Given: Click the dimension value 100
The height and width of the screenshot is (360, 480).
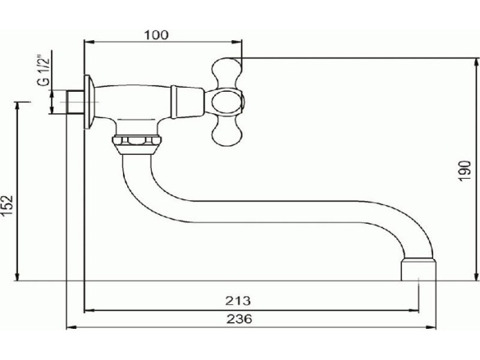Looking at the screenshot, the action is pos(157,35).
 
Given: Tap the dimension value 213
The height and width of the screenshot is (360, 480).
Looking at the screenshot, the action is pos(238,301).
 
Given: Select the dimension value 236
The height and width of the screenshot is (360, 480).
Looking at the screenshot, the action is pos(240,319).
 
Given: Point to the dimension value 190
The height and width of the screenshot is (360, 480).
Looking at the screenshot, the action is pos(465,170).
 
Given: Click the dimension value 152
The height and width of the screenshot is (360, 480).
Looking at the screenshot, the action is pos(7,204).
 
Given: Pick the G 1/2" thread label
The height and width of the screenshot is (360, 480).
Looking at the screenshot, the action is pos(44,71).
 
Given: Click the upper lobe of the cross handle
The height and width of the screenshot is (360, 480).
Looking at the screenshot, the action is pos(226,74).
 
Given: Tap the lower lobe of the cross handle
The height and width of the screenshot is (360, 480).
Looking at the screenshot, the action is pos(226,131).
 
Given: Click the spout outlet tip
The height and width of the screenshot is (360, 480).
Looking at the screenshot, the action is pos(418,270).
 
